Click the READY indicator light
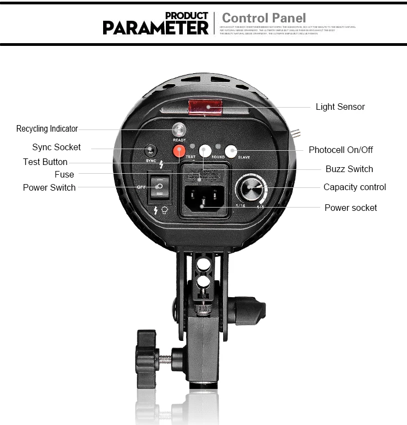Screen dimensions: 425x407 point(179,129)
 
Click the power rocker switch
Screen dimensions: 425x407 point(159,187)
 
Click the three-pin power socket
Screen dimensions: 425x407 point(203,197)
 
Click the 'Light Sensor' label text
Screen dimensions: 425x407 point(340,107)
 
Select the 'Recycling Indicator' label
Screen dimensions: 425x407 point(47,129)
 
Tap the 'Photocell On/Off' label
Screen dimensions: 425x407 point(341,150)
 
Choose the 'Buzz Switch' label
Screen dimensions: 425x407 point(349,169)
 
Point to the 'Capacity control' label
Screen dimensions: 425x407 point(355,187)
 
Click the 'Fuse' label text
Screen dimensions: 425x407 point(64,175)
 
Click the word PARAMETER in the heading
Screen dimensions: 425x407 point(156,27)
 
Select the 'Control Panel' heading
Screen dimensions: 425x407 point(264,18)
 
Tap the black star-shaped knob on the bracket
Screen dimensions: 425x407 point(146,357)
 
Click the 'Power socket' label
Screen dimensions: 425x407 point(351,208)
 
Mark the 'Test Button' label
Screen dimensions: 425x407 point(45,162)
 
